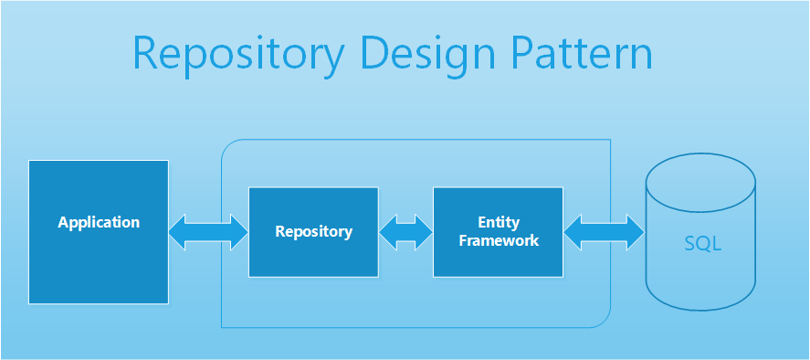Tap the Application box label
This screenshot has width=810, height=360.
pyautogui.click(x=99, y=222)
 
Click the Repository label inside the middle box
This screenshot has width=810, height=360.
pyautogui.click(x=313, y=231)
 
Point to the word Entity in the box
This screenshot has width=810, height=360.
pyautogui.click(x=499, y=222)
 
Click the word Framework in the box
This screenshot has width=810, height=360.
pyautogui.click(x=499, y=241)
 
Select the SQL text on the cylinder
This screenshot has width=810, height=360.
pyautogui.click(x=702, y=244)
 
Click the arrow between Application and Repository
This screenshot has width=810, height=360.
pyautogui.click(x=208, y=231)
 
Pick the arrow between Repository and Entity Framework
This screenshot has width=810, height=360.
pyautogui.click(x=405, y=231)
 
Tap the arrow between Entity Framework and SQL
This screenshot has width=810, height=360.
pyautogui.click(x=604, y=231)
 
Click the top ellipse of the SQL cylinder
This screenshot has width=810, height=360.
pyautogui.click(x=700, y=177)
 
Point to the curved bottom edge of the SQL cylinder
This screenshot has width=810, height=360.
pyautogui.click(x=700, y=310)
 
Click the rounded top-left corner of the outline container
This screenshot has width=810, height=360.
pyautogui.click(x=229, y=147)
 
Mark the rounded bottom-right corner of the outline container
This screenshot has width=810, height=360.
pyautogui.click(x=603, y=319)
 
